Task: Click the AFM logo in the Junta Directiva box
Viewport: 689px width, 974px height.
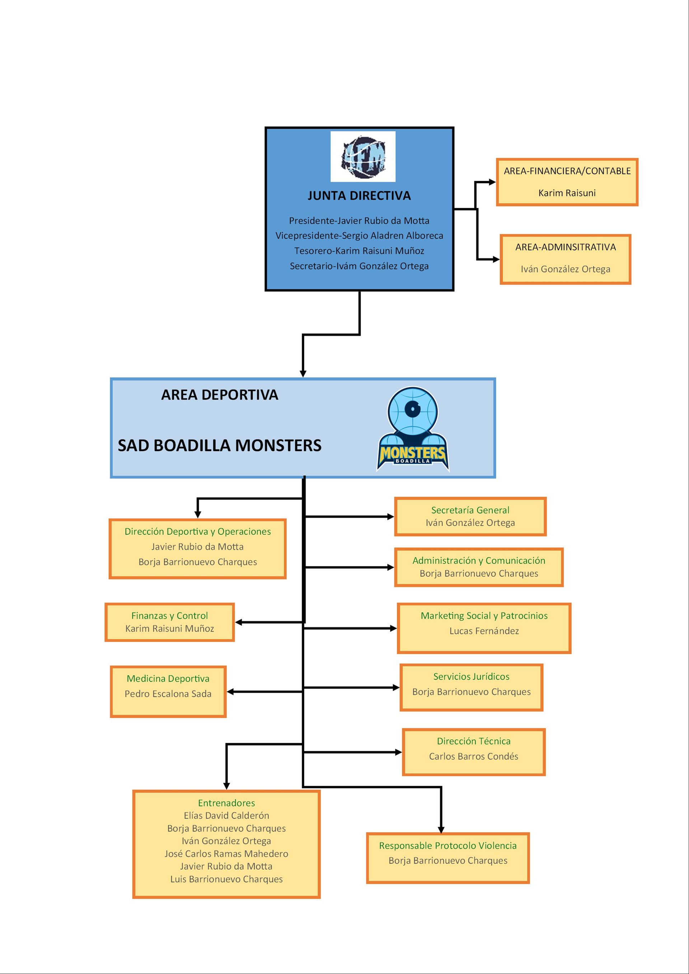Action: (x=363, y=156)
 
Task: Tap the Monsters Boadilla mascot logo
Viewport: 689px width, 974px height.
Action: (x=413, y=429)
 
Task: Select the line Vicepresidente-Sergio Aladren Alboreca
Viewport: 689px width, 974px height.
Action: (x=359, y=236)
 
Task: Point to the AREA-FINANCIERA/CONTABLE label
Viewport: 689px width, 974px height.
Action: (x=567, y=171)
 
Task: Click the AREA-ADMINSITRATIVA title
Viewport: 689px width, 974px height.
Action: (x=566, y=247)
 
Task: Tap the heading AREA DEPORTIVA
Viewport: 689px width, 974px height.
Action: (x=220, y=395)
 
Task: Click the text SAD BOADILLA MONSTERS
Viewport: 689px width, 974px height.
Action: (x=220, y=445)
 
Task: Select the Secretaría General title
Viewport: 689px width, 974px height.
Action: (x=470, y=510)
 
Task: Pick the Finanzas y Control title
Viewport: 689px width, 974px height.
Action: (x=169, y=615)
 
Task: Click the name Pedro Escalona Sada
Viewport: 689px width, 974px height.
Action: (x=168, y=694)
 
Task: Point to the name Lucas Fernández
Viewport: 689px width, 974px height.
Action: (x=484, y=631)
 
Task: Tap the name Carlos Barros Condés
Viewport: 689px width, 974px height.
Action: (x=473, y=756)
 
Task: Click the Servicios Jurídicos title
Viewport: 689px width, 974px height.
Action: (x=471, y=677)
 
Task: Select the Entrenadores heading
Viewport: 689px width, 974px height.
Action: (x=226, y=803)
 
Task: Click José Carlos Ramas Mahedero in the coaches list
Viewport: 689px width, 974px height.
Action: (x=226, y=854)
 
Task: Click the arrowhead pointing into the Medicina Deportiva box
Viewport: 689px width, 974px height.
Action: (x=230, y=692)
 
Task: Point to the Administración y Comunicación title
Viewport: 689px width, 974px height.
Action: (x=479, y=561)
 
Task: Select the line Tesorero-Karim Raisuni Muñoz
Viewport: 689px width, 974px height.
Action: (x=359, y=251)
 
